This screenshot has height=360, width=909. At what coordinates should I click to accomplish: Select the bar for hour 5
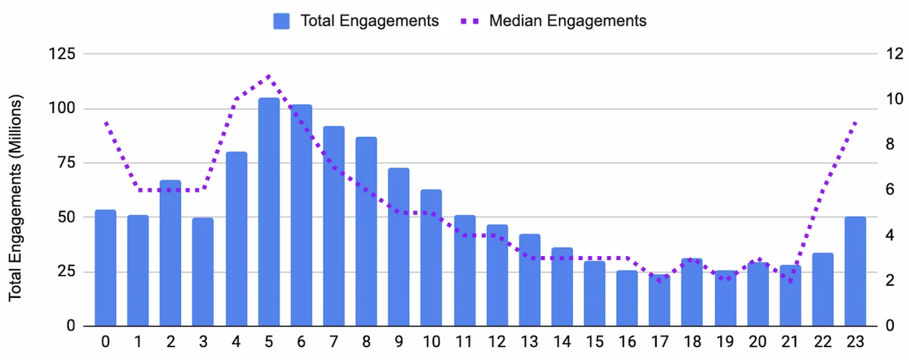[269, 212]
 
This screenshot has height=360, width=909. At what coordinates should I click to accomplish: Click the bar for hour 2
[170, 253]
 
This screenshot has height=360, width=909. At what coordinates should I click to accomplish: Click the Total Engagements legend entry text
[370, 21]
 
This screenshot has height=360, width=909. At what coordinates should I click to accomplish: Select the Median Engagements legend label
[567, 21]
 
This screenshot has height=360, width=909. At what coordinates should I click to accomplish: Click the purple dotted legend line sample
[470, 21]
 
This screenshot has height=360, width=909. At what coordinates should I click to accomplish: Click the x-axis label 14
[562, 342]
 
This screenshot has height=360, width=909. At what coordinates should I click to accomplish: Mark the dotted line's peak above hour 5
[269, 76]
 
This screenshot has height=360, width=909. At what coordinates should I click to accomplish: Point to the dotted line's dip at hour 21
[790, 281]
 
